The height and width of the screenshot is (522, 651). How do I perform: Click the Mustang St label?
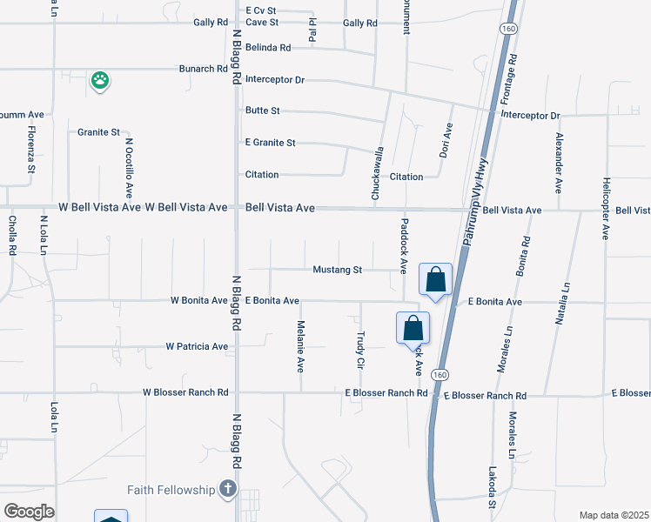(338, 270)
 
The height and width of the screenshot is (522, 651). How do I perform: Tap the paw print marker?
(101, 81)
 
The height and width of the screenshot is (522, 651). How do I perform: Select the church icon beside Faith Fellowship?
(228, 489)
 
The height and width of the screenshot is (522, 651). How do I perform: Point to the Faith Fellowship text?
(171, 490)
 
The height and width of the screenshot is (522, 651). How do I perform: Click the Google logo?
(29, 512)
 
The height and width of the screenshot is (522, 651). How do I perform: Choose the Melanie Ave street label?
(301, 346)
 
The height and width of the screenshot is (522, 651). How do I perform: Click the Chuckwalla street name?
(378, 174)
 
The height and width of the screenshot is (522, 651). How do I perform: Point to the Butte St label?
(263, 110)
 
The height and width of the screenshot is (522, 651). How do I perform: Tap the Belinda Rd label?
(267, 47)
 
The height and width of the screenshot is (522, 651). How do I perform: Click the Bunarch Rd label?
(203, 69)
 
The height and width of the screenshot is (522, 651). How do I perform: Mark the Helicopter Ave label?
(606, 208)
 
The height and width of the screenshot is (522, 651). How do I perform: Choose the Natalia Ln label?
(562, 303)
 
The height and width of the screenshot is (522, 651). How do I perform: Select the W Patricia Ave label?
(197, 346)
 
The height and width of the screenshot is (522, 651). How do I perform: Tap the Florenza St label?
(30, 150)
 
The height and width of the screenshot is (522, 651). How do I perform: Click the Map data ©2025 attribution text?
(614, 515)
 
